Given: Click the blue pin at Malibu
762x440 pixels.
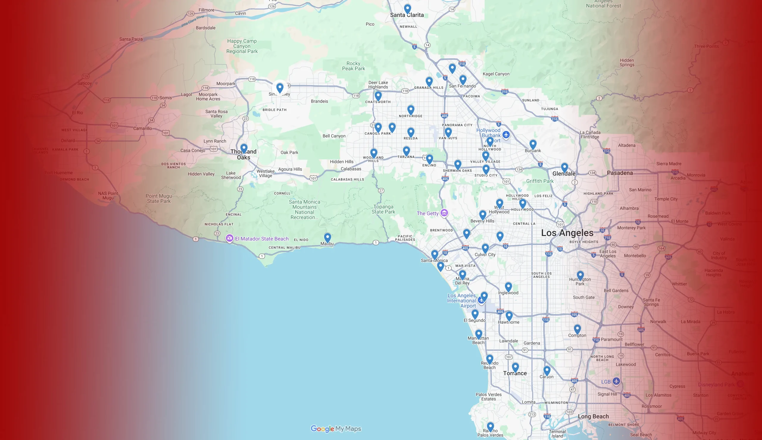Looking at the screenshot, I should click(327, 237).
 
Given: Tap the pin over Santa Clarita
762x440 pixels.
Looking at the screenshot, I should click(407, 9).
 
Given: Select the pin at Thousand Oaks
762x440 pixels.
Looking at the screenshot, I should click(244, 148).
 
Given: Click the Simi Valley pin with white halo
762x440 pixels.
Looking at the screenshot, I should click(280, 88).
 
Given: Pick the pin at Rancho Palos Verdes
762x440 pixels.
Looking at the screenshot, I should click(490, 426).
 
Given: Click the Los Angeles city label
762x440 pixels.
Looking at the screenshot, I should click(567, 233).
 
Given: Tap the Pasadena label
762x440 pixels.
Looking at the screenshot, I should click(619, 173).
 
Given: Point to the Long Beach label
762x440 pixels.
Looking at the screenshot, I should click(593, 416).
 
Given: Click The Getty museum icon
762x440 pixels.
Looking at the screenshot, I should click(444, 213).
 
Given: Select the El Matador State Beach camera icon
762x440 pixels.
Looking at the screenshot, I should click(229, 238).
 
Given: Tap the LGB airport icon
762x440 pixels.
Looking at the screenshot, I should click(616, 381).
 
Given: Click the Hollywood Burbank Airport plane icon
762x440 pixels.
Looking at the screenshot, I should click(506, 134).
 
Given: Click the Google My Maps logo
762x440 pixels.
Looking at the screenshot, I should click(336, 428).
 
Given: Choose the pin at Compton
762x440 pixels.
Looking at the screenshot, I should click(577, 329).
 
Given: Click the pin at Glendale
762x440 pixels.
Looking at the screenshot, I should click(564, 167).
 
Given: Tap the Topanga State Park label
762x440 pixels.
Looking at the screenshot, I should click(383, 209).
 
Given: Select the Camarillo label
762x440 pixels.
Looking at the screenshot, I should click(143, 128).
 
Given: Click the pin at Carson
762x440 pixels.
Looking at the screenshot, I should click(547, 370).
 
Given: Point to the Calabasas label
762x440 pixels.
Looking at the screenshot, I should click(351, 169).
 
